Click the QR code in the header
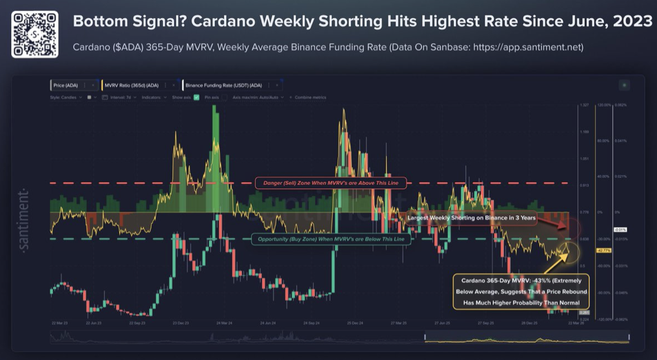[35, 34]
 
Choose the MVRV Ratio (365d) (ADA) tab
[132, 85]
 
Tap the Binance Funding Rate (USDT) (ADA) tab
[224, 85]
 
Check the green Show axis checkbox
[196, 97]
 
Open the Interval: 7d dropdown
[119, 97]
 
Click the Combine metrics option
[310, 97]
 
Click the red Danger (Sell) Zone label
[330, 183]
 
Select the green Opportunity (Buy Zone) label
[330, 239]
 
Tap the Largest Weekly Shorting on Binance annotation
[471, 218]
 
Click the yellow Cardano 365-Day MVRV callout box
[520, 292]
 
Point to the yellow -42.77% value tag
[603, 250]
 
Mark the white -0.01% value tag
[620, 230]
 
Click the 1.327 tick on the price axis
[585, 105]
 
